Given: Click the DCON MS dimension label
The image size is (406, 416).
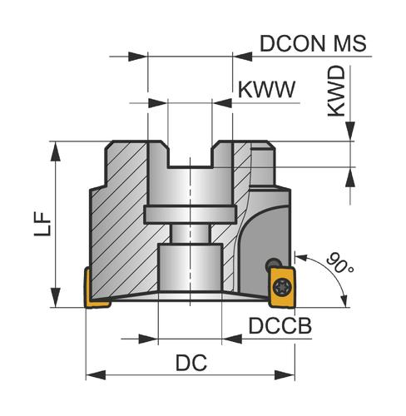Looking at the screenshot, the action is tap(313, 43).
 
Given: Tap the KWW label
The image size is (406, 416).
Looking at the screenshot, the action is tap(266, 90).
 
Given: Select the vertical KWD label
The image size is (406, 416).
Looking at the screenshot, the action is tap(337, 92).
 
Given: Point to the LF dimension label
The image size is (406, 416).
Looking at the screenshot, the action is tap(42, 224).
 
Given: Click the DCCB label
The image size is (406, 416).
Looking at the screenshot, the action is tap(280, 326).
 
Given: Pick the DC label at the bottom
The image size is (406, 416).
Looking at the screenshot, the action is tap(191, 363).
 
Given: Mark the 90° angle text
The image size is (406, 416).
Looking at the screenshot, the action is tap(339, 263).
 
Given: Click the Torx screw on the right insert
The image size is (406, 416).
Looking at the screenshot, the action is tap(281, 287).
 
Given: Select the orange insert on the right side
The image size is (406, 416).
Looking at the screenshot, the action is tap(281, 287).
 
